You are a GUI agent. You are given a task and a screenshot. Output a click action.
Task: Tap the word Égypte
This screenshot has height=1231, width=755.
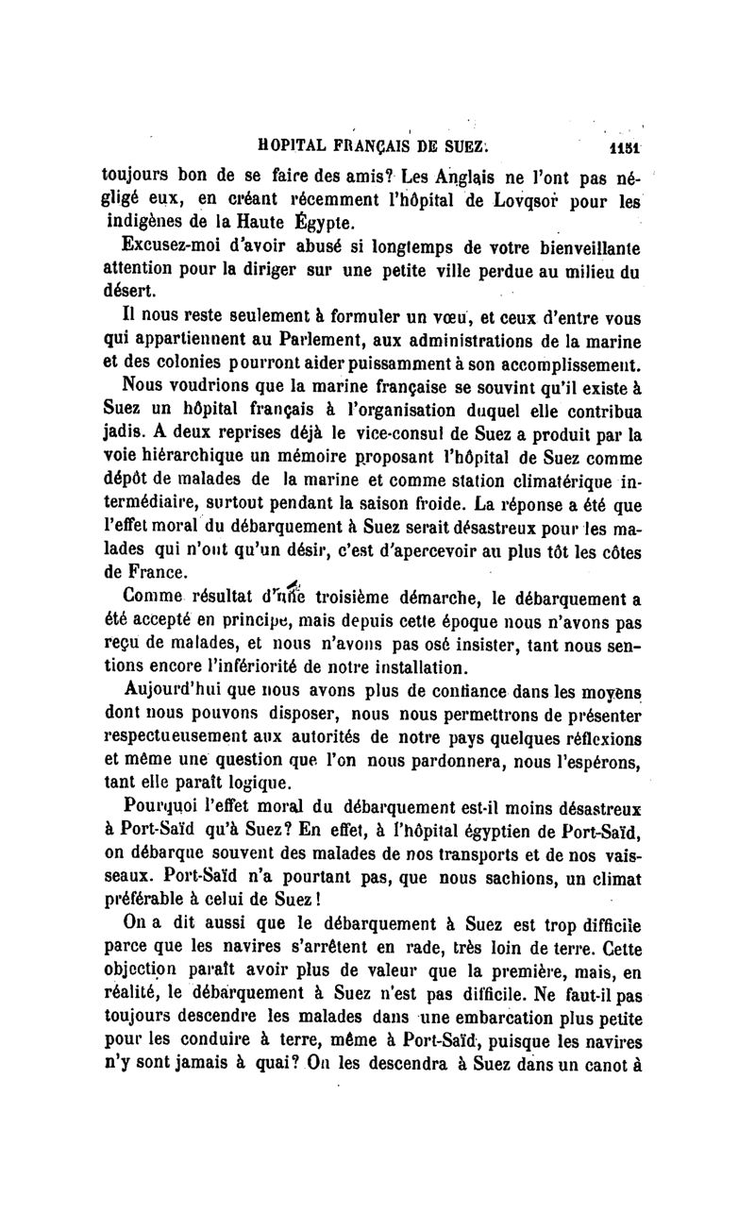tap(296, 224)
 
